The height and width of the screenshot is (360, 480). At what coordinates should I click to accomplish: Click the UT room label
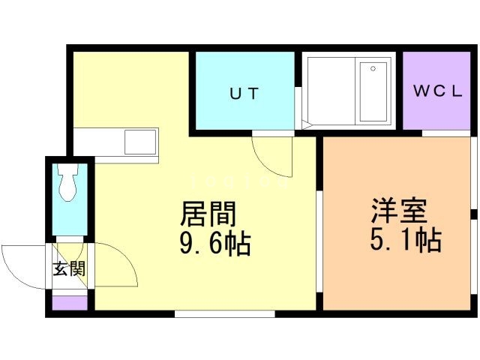[244, 94]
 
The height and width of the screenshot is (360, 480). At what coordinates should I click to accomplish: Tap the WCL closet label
[437, 91]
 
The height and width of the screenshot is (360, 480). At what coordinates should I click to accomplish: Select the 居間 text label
[208, 214]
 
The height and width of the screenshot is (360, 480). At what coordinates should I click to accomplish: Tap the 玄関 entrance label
[69, 269]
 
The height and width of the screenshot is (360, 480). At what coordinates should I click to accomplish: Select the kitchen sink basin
[140, 141]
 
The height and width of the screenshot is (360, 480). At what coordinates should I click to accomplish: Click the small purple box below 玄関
[69, 303]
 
